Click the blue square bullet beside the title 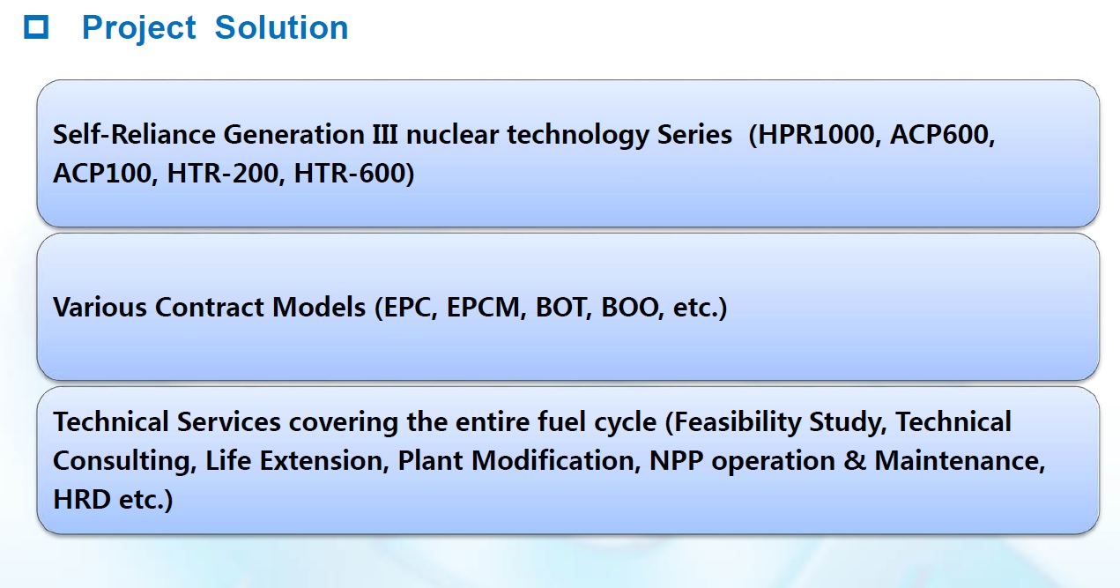[x=36, y=27]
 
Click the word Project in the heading [x=138, y=28]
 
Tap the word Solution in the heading [x=281, y=27]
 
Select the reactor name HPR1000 [x=816, y=135]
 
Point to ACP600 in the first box [x=939, y=135]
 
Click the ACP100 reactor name [x=102, y=174]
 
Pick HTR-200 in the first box [x=222, y=174]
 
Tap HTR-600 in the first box [x=350, y=174]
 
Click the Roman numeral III [x=385, y=135]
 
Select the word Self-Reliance [x=134, y=135]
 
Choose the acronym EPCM [x=483, y=308]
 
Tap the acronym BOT [x=560, y=308]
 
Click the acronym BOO [x=629, y=308]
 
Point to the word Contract [x=210, y=308]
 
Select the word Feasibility [x=738, y=422]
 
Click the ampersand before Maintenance [x=855, y=460]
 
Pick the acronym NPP [x=677, y=460]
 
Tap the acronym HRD [x=81, y=500]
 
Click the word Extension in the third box [x=321, y=460]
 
